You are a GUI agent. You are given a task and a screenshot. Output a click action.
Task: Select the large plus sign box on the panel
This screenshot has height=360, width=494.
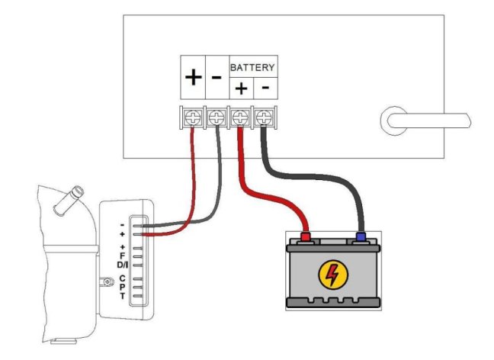coord(194,78)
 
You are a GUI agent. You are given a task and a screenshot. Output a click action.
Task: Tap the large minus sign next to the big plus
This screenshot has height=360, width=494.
coord(217,78)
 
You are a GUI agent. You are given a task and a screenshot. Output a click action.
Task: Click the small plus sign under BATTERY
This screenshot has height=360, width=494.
coord(240,88)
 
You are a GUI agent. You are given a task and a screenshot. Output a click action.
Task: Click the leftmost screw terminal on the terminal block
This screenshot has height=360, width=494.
coord(192,118)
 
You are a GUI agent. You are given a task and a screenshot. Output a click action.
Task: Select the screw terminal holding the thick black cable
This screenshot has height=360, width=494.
coord(264,118)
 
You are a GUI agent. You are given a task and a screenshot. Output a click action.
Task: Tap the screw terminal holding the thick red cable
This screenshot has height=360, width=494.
coord(240,118)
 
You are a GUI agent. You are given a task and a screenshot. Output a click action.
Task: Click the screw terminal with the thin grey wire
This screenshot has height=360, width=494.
coord(217,118)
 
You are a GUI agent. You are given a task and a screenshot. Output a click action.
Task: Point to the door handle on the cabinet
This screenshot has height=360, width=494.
coord(423,119)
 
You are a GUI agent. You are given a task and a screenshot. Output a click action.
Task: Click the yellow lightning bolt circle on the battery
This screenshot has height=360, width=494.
coord(331,275)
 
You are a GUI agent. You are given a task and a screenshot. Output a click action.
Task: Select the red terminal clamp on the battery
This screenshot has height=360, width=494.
coord(306,237)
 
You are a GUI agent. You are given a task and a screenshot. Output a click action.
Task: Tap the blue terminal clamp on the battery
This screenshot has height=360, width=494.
coord(360,237)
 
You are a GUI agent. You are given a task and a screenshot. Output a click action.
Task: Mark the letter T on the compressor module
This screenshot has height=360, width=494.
coord(123,295)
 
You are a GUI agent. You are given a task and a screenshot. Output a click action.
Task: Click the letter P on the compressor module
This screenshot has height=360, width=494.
coord(123,287)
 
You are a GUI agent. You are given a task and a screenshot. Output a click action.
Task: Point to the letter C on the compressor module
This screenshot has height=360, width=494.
coord(123,278)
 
